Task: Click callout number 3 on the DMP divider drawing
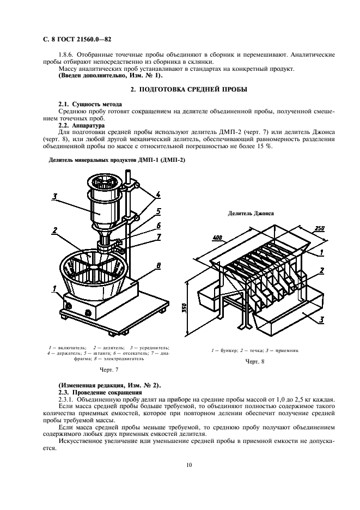pyautogui.click(x=54, y=197)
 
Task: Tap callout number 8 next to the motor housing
pyautogui.click(x=157, y=265)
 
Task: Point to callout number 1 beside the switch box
pyautogui.click(x=55, y=288)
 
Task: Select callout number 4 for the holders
pyautogui.click(x=157, y=194)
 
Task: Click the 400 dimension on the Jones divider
pyautogui.click(x=217, y=238)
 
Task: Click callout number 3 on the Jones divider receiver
pyautogui.click(x=322, y=320)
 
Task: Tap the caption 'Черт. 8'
pyautogui.click(x=254, y=361)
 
